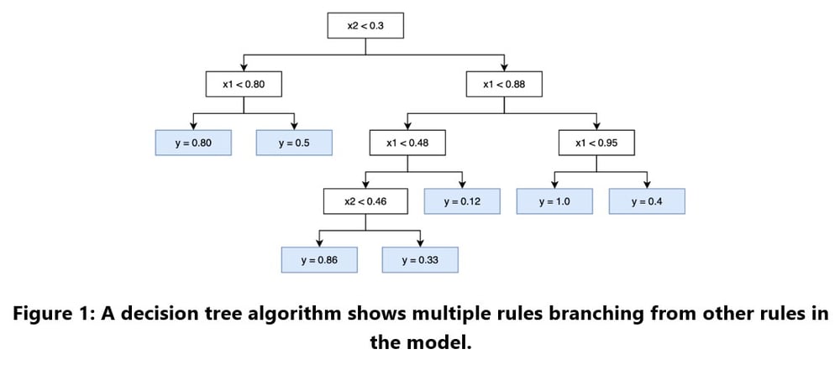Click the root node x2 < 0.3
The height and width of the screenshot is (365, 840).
[x=365, y=26]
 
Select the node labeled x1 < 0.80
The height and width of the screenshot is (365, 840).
[x=244, y=84]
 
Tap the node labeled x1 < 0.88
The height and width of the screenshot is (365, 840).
[x=504, y=84]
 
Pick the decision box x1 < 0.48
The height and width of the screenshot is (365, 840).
[x=407, y=143]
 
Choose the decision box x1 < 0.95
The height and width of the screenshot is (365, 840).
[x=596, y=143]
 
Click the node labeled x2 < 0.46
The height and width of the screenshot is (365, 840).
[x=365, y=201]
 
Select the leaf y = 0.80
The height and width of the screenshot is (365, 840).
[x=193, y=143]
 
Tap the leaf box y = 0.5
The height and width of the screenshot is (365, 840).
[x=294, y=143]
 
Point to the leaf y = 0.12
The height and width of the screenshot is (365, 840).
[x=462, y=201]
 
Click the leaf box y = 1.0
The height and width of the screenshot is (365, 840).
[x=554, y=201]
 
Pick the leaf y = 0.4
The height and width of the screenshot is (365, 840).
[x=647, y=201]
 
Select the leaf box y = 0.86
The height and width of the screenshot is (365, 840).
[x=319, y=260]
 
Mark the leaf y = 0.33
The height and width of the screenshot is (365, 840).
[x=420, y=260]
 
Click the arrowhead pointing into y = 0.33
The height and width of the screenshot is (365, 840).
[x=420, y=244]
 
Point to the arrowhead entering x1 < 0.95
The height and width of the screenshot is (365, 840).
[x=596, y=127]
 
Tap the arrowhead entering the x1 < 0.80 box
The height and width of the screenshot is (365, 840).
[x=244, y=68]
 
